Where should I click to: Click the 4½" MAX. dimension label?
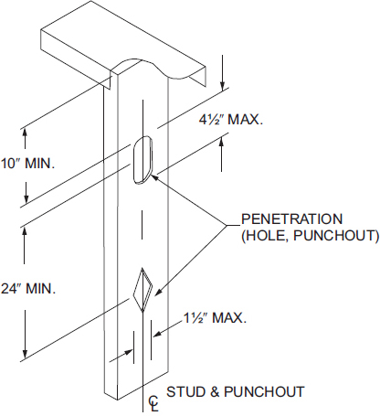231,120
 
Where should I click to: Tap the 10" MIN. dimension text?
27,164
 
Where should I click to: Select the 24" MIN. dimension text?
28,288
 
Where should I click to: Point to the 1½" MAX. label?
215,318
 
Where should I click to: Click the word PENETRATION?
292,219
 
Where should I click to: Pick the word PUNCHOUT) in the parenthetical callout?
336,236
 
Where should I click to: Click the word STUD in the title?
185,391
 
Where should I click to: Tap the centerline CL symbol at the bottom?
153,404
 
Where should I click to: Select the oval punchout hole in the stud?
142,160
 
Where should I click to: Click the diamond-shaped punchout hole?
142,290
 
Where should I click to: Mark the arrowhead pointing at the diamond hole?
159,292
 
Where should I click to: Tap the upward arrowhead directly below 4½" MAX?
222,142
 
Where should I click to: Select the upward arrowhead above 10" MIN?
25,133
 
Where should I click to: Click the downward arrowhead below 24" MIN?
26,353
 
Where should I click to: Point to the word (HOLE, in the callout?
266,236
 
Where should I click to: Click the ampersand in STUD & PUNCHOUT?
215,391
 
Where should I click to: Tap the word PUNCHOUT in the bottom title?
264,391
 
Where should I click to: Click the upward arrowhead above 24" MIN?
25,233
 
